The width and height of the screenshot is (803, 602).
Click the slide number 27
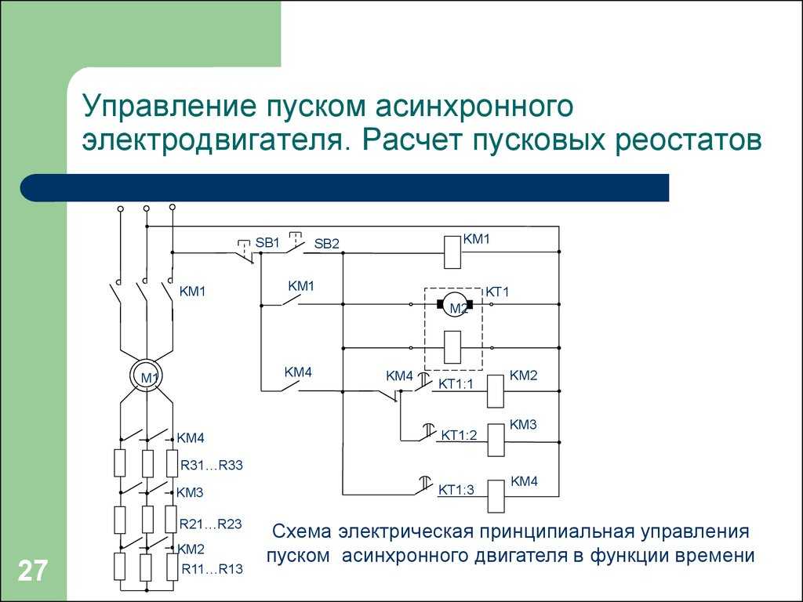(33, 571)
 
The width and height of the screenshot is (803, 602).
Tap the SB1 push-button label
(267, 242)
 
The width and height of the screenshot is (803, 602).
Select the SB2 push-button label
(327, 244)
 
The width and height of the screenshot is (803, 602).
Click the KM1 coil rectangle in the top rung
(452, 252)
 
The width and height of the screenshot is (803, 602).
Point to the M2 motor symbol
(454, 304)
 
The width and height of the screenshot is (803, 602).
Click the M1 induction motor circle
(147, 376)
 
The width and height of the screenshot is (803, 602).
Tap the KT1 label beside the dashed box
(497, 292)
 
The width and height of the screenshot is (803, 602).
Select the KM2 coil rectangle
(495, 391)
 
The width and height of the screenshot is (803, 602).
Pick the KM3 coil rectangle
(496, 441)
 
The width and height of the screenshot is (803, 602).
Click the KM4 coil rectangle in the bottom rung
(496, 496)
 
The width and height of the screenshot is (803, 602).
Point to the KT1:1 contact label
(456, 383)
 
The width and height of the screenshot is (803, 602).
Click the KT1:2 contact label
(459, 434)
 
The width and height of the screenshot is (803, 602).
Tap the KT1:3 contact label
(456, 489)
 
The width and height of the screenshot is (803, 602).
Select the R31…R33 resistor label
(212, 466)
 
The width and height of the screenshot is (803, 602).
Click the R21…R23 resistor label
(210, 524)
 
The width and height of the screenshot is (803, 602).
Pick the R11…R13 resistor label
(212, 569)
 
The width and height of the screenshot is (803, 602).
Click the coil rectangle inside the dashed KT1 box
(452, 347)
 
